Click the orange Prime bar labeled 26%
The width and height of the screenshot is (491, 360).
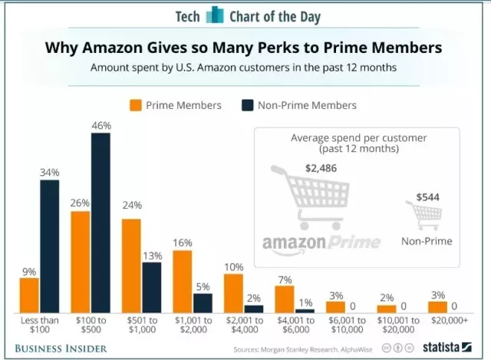click(81, 261)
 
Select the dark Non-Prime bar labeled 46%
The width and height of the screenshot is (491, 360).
click(101, 222)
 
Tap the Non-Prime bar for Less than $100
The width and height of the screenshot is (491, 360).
click(50, 245)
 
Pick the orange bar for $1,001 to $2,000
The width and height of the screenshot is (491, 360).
click(182, 280)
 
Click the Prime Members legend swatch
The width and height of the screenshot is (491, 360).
click(137, 105)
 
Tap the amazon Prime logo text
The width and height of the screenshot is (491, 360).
click(321, 243)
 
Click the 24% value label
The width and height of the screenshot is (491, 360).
click(132, 205)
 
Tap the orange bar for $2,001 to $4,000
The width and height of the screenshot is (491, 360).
click(233, 292)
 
